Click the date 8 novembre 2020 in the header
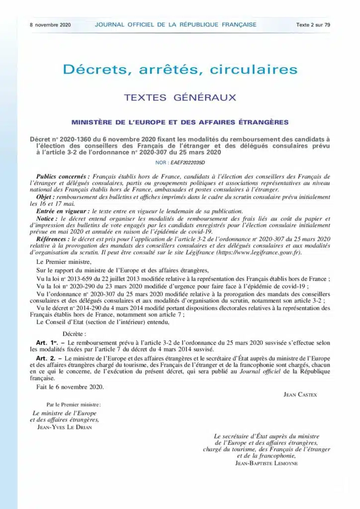click(x=50, y=24)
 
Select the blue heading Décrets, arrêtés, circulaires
click(x=180, y=69)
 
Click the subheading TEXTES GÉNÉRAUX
click(x=180, y=97)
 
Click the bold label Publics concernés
click(x=63, y=177)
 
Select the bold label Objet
click(x=48, y=197)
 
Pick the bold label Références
click(x=55, y=239)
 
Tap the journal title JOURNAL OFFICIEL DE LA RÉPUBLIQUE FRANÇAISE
click(x=175, y=24)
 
